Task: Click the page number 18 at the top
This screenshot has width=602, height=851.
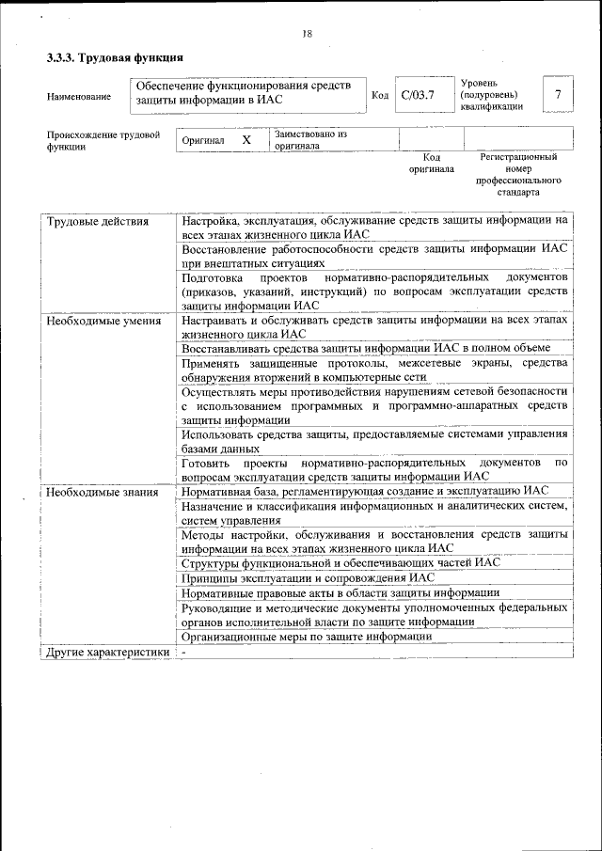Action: [x=307, y=34]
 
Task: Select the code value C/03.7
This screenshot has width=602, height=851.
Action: [x=418, y=95]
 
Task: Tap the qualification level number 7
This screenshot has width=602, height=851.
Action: [x=558, y=95]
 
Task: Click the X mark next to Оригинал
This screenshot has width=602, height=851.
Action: [x=246, y=140]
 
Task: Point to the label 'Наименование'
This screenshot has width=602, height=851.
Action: [x=78, y=96]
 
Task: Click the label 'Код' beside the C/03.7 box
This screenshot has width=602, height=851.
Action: [x=380, y=95]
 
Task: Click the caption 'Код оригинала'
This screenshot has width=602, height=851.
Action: [x=431, y=164]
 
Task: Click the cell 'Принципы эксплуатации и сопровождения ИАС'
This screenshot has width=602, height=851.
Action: [x=308, y=577]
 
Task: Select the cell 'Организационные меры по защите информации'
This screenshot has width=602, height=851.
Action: [x=307, y=636]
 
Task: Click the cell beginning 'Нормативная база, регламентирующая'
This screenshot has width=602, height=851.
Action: [x=365, y=491]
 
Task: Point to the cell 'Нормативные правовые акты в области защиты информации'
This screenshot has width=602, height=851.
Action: [x=341, y=592]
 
